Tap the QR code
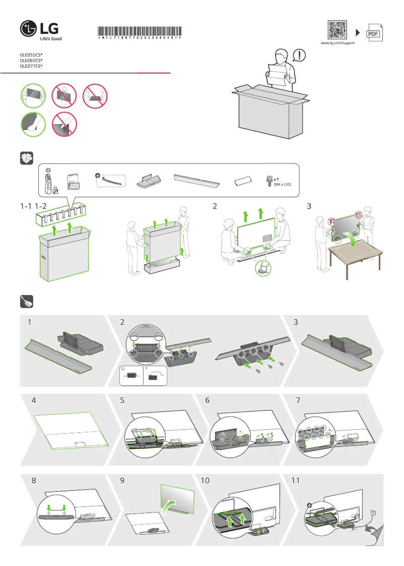pyautogui.click(x=337, y=30)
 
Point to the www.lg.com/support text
pyautogui.click(x=338, y=43)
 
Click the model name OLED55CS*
pyautogui.click(x=31, y=54)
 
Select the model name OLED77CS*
pyautogui.click(x=31, y=66)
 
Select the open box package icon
pyautogui.click(x=26, y=158)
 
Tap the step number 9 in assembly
pyautogui.click(x=122, y=481)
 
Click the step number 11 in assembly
pyautogui.click(x=295, y=481)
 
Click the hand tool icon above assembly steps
pyautogui.click(x=26, y=301)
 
